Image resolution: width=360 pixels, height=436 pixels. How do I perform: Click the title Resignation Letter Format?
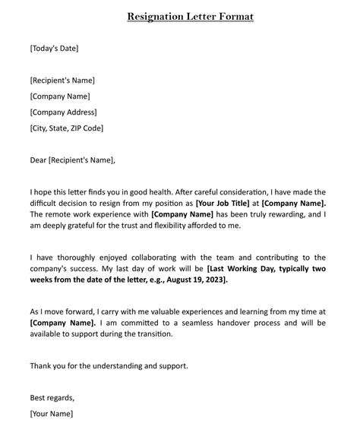point(190,16)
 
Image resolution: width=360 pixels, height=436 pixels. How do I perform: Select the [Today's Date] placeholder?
point(54,49)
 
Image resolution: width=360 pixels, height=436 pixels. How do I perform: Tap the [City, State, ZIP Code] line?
point(67,128)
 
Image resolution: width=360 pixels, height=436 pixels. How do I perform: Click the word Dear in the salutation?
point(38,160)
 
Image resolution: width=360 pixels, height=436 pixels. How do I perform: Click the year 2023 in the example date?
point(235,280)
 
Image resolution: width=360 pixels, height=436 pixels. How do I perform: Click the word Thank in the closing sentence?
point(42,365)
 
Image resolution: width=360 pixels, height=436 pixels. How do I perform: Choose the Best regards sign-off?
point(52,397)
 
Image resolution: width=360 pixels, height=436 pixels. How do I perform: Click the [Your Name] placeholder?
point(52,414)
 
